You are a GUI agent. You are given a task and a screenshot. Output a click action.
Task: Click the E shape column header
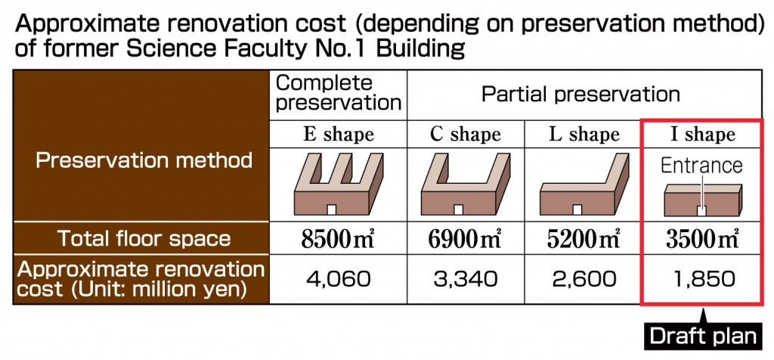338,135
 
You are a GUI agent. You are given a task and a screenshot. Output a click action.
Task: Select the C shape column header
465,135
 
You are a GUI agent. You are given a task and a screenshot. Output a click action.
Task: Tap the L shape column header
584,135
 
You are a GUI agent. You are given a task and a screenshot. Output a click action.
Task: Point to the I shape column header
702,135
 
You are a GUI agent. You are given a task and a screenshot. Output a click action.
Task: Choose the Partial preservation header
580,94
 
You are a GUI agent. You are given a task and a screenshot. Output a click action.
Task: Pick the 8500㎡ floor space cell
338,239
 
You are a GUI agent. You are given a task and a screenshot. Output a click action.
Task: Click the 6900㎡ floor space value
465,239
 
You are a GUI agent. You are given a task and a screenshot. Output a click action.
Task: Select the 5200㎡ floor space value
584,239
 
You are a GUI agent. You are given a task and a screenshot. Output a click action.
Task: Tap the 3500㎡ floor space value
702,239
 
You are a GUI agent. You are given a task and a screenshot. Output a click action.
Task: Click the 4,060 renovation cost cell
338,280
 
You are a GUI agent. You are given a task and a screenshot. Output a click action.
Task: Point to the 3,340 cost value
465,280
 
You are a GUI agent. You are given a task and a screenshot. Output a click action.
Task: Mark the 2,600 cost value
584,280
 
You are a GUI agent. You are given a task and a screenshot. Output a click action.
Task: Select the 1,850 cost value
702,280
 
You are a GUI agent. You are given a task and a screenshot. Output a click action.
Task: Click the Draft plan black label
703,337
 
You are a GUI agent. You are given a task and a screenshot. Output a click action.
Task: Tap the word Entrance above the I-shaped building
701,166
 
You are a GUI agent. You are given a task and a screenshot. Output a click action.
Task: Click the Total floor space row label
144,238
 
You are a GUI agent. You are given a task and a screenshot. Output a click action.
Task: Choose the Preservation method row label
144,160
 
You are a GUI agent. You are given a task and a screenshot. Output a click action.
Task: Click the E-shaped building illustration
339,184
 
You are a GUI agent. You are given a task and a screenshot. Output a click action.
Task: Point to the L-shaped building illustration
584,184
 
